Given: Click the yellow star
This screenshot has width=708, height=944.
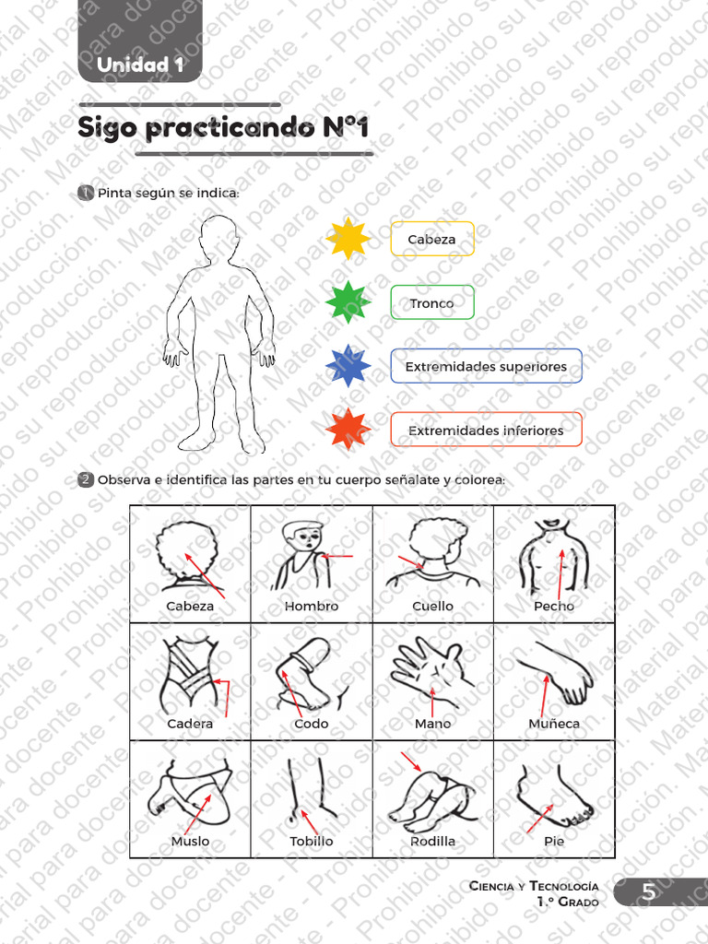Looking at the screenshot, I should pos(348,239).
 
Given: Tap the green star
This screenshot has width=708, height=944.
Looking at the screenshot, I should pos(348,302).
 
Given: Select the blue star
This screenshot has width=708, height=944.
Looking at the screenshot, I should pos(348,366).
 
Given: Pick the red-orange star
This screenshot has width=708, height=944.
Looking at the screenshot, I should pos(348,430).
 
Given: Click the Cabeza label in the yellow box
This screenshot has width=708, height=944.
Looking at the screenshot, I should pos(431,239).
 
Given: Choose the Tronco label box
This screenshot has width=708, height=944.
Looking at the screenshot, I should pos(431,302).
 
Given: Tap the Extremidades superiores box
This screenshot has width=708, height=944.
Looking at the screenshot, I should pos(486,366).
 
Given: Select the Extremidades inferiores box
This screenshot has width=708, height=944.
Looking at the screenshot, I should pos(486,430).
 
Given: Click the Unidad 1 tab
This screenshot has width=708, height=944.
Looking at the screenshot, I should pos(140,65).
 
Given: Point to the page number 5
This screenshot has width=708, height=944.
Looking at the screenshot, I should pos(649,892).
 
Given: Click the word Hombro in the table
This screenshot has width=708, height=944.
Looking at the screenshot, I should pos(312,607).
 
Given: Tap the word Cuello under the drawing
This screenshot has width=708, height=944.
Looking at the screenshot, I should pos(432,607).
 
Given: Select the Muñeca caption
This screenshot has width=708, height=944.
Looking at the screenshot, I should pos(554,724).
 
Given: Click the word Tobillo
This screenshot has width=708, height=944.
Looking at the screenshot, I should pos(312,841).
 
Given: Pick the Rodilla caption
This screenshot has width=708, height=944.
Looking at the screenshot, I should pos(432,841).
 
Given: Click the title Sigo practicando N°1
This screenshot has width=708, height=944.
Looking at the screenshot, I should pos(223,128).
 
